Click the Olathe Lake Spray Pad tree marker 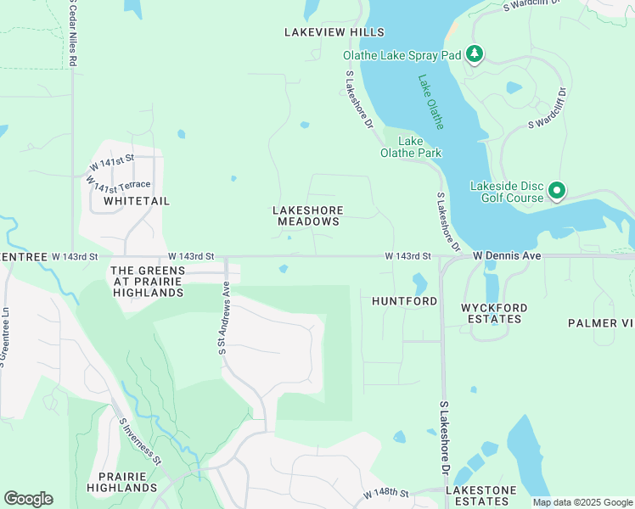coord(475,55)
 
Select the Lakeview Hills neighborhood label coord(334,32)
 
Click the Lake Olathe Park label coord(410,147)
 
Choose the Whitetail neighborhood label coord(137,201)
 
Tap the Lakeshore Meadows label coord(306,215)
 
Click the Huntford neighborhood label coord(404,301)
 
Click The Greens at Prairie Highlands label coord(147,281)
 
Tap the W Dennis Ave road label coord(507,255)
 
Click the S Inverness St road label coord(140,440)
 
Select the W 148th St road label coord(386,493)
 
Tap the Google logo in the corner coord(28,499)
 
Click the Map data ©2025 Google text coord(582,502)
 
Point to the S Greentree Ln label coord(5,336)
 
